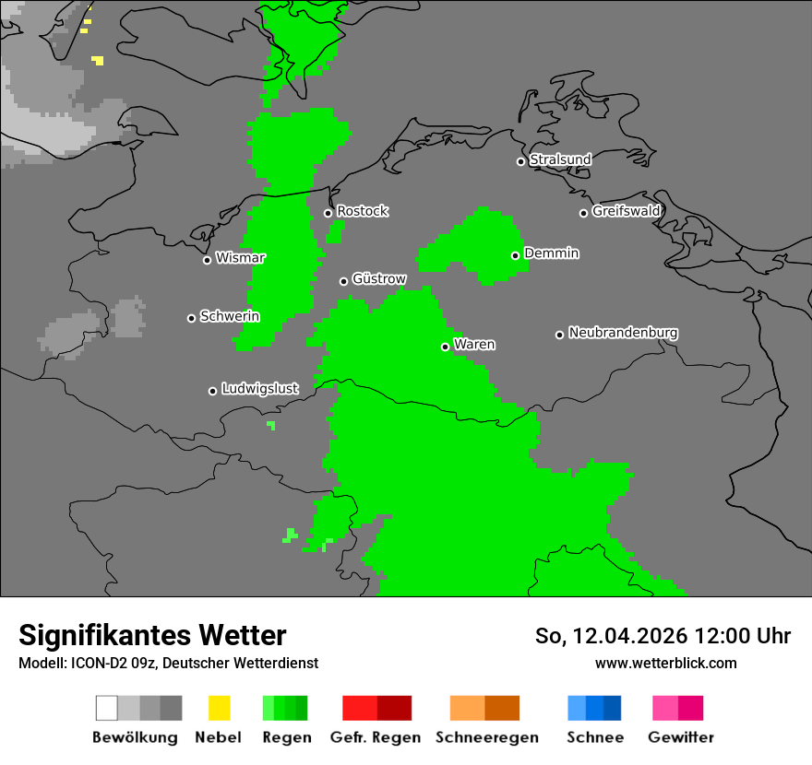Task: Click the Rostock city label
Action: tap(363, 211)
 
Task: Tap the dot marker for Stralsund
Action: tap(520, 161)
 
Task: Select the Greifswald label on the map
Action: tap(627, 211)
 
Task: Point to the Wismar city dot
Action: tap(207, 260)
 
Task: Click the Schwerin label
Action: tap(230, 316)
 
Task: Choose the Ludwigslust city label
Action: tap(259, 389)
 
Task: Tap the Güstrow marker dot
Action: tap(343, 281)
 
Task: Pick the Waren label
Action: tap(474, 345)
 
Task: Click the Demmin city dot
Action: tap(515, 255)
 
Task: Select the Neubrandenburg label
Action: tap(624, 333)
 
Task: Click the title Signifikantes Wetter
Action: tap(152, 636)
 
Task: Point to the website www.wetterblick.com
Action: tap(666, 663)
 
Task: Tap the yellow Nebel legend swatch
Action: tap(220, 708)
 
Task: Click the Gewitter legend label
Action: tap(681, 737)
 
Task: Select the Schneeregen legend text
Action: tap(487, 737)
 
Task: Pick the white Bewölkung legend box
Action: tap(106, 708)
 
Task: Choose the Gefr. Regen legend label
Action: tap(376, 737)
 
